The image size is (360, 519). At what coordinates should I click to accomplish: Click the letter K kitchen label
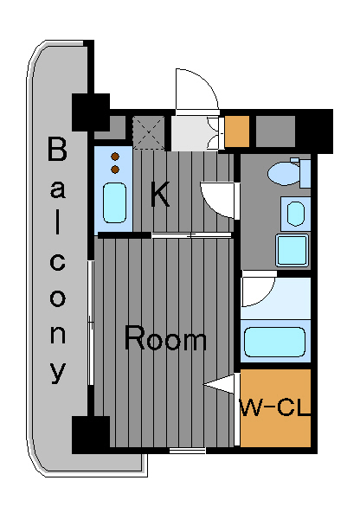(x=160, y=195)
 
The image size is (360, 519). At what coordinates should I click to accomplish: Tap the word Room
(x=165, y=338)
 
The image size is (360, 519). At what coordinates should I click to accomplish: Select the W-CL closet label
(x=275, y=407)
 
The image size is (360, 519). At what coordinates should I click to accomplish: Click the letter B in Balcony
(x=57, y=149)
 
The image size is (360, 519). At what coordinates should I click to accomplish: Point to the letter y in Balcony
(x=58, y=372)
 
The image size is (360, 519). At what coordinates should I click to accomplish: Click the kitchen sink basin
(x=114, y=202)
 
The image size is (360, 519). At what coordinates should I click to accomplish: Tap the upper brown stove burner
(x=115, y=157)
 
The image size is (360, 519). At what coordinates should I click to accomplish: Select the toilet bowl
(x=284, y=174)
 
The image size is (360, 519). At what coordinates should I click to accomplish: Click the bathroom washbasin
(x=295, y=214)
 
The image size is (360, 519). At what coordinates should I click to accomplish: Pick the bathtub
(x=274, y=343)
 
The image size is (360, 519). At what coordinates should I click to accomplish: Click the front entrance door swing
(x=196, y=89)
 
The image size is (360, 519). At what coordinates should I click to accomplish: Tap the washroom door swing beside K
(x=220, y=200)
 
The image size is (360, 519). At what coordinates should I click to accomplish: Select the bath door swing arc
(x=259, y=289)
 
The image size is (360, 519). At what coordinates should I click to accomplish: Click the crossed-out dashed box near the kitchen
(x=149, y=132)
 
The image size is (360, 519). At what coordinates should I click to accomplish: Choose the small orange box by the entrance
(x=237, y=131)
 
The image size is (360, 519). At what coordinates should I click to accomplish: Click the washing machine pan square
(x=292, y=250)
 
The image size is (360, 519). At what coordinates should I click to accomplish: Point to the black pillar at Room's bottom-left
(x=91, y=434)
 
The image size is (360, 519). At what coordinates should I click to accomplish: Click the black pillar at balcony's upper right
(x=91, y=112)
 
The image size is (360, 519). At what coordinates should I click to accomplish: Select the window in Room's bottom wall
(x=188, y=451)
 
